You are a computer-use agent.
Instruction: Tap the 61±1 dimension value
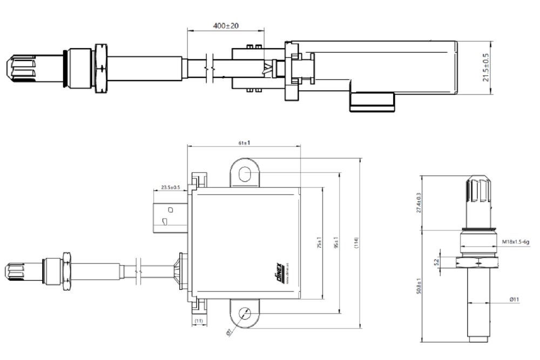(242, 143)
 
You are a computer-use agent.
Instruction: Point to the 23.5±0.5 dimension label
(171, 188)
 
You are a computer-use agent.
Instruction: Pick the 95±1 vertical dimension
(335, 243)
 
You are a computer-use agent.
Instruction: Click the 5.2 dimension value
(436, 262)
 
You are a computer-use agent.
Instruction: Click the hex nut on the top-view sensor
(100, 68)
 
